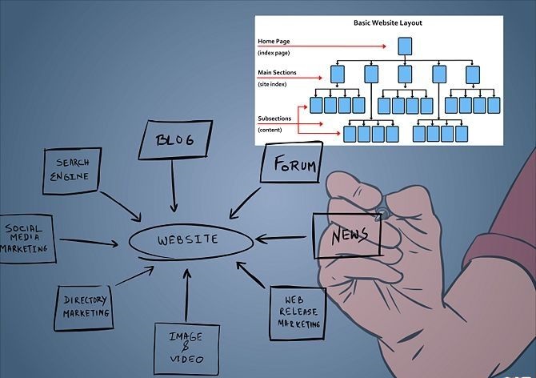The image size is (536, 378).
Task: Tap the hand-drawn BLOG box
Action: [176, 142]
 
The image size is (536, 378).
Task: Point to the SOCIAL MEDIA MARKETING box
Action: [27, 238]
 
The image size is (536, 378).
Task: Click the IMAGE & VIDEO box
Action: [186, 348]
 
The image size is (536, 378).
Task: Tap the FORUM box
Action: [293, 166]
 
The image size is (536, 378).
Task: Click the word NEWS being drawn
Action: [349, 235]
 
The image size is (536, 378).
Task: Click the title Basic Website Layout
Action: [387, 23]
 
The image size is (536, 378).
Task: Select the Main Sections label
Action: [277, 73]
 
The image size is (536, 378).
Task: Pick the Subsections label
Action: [274, 119]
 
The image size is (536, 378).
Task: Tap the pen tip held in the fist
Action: [382, 213]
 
